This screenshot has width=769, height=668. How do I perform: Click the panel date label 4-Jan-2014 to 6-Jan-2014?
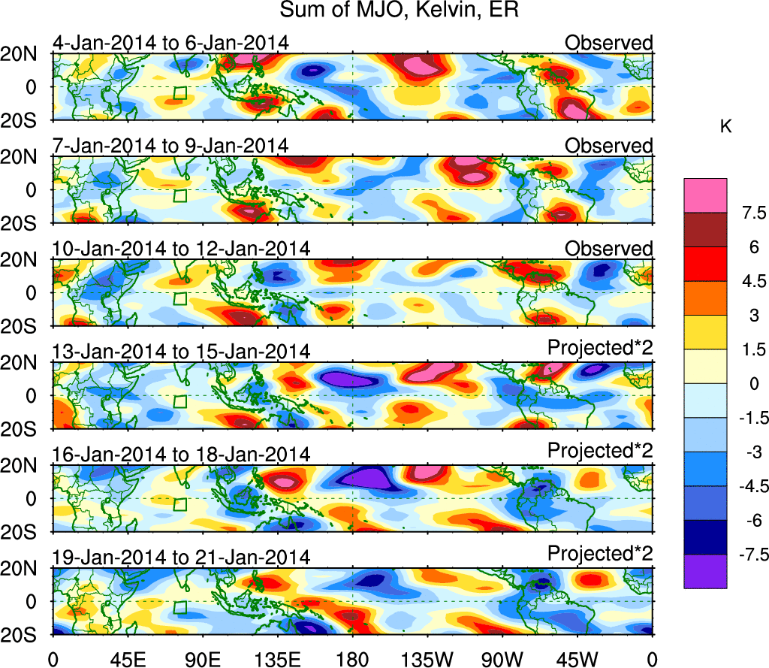[170, 43]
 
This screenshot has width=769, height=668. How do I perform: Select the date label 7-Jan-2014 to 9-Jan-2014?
[170, 146]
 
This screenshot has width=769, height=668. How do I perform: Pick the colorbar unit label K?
[725, 128]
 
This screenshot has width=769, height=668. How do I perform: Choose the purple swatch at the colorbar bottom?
[704, 571]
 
